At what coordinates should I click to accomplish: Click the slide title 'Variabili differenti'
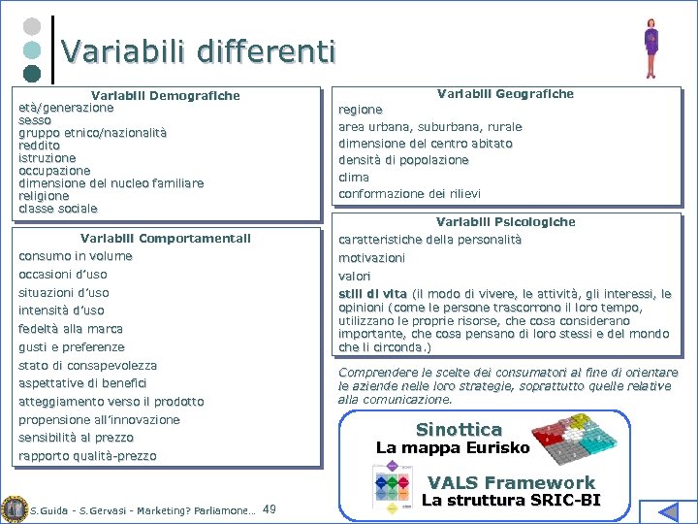[199, 50]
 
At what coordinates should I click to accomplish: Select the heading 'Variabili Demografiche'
[165, 95]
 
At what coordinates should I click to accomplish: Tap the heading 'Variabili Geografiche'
[505, 93]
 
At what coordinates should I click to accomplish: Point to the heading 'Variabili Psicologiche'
[505, 221]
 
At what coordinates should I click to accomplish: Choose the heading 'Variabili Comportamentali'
[166, 238]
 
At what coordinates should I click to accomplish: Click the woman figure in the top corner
[651, 47]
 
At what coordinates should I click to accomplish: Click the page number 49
[270, 508]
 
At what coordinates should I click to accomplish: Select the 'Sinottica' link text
[459, 429]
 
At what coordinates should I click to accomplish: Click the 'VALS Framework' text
[511, 482]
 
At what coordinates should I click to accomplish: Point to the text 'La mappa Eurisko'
[453, 448]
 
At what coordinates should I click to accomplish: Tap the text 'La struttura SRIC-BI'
[511, 501]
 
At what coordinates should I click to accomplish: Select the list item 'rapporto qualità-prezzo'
[87, 456]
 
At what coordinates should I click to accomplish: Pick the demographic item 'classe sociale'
[58, 209]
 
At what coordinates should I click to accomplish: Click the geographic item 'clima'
[353, 177]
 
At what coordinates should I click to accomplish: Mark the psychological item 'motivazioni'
[371, 258]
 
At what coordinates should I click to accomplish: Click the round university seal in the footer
[14, 508]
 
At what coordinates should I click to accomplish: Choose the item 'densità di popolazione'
[403, 160]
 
